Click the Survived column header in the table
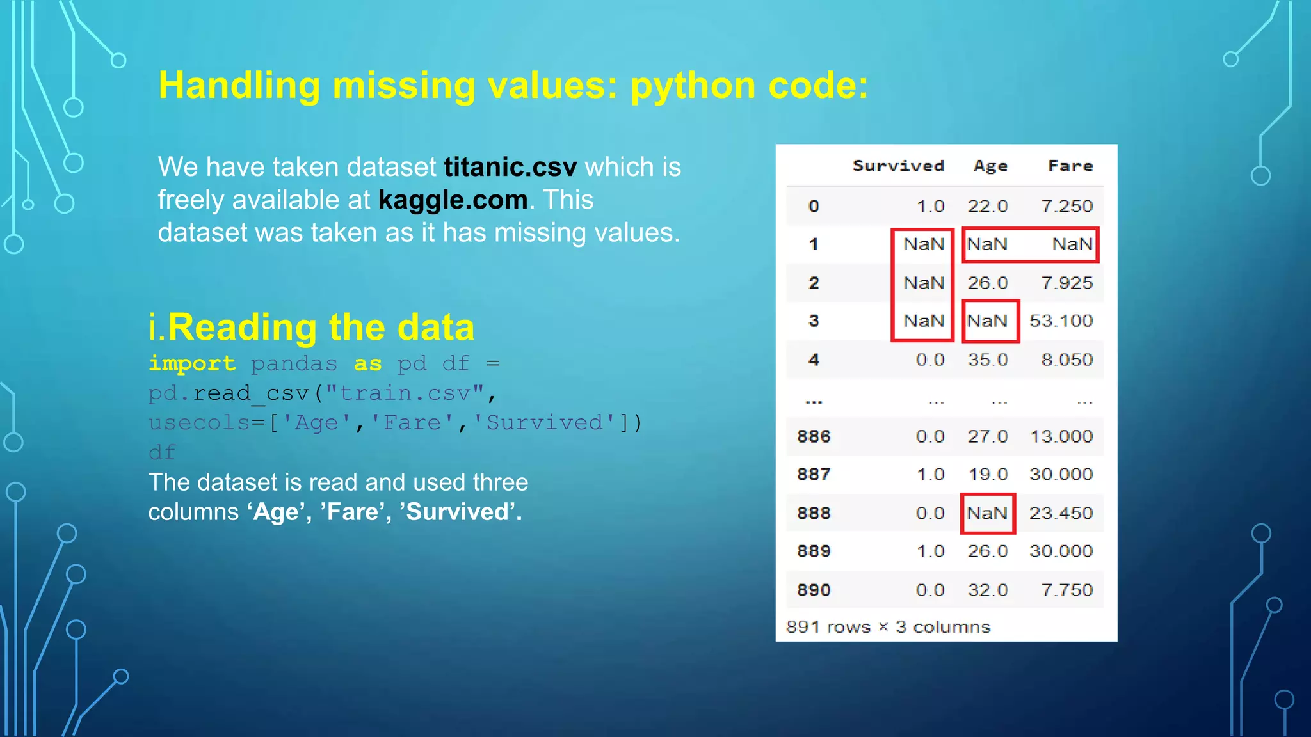(x=898, y=166)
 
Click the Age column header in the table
(x=990, y=166)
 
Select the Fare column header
(x=1070, y=166)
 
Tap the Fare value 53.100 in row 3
(x=1061, y=321)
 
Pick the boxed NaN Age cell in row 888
(x=987, y=513)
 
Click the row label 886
(x=814, y=436)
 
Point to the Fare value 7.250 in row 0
(x=1066, y=206)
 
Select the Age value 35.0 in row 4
(x=987, y=360)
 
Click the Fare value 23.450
(x=1061, y=513)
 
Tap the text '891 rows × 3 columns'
(x=888, y=627)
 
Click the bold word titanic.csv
(x=510, y=167)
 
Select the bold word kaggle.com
(x=453, y=200)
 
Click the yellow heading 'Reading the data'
(x=320, y=327)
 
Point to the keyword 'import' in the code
(x=192, y=363)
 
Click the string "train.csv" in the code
(x=405, y=393)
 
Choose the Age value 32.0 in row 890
(x=987, y=590)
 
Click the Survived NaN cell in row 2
(x=924, y=283)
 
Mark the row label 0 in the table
(x=814, y=206)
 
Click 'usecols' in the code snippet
(x=199, y=422)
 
